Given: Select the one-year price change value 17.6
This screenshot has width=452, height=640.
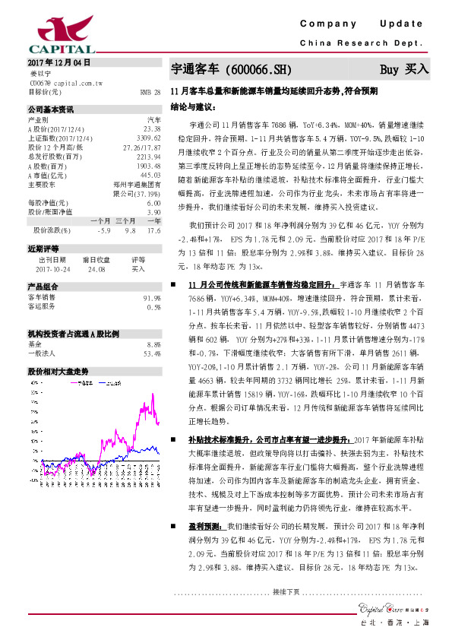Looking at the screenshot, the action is coord(154,229).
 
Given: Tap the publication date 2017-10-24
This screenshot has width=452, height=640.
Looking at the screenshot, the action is coord(52,268).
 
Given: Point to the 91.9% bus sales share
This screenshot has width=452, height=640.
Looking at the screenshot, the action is coord(152,298).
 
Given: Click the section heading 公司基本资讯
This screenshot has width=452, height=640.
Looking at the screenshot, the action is coord(52,109).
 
